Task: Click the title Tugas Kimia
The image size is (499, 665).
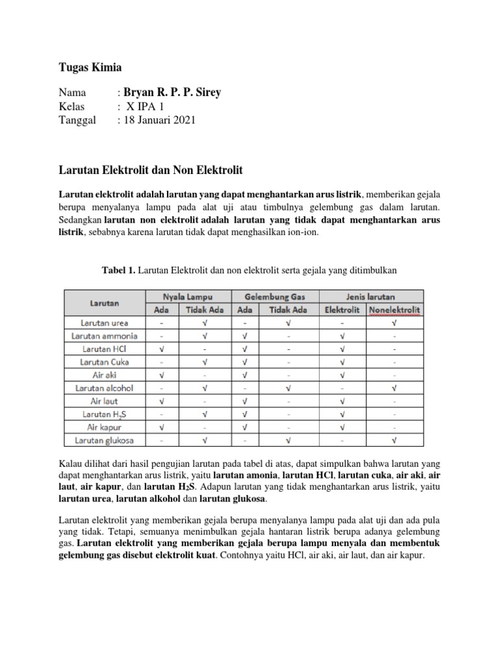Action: point(90,68)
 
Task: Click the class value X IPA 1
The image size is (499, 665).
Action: point(146,107)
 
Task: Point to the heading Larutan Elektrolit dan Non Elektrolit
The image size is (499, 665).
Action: point(151,170)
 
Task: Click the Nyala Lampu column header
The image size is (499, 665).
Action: point(188,296)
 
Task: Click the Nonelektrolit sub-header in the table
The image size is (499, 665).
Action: point(394,310)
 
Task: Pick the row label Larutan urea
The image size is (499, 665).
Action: point(104,323)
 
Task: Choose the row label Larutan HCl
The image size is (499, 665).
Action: point(104,349)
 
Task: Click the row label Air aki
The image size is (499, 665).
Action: point(104,375)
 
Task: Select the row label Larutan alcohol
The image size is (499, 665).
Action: point(104,388)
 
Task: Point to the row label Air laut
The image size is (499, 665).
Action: point(104,401)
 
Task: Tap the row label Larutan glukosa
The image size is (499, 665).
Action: point(104,440)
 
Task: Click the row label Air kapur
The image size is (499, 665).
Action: point(104,427)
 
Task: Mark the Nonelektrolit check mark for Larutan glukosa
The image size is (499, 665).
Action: point(394,440)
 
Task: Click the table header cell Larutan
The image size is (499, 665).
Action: point(104,303)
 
